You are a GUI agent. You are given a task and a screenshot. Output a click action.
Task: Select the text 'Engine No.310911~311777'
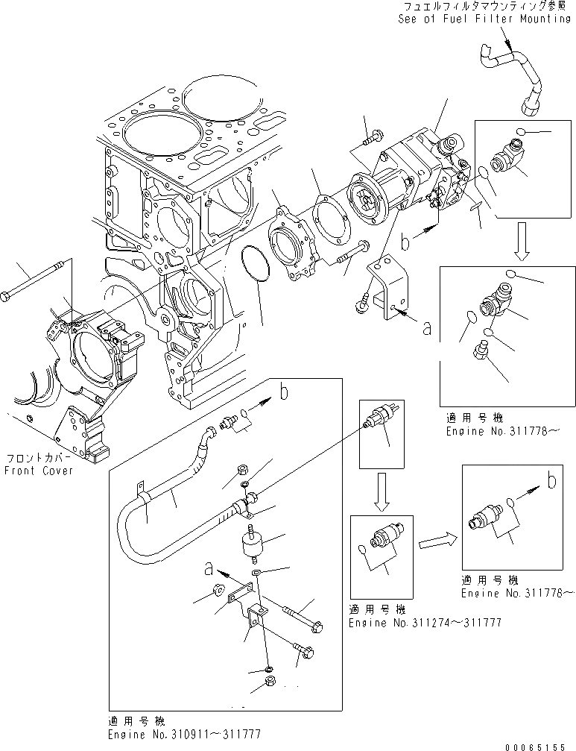(x=184, y=734)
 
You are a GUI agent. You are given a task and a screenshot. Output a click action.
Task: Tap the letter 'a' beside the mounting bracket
(x=426, y=328)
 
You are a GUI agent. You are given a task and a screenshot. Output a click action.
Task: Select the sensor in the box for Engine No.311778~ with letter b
(x=485, y=514)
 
